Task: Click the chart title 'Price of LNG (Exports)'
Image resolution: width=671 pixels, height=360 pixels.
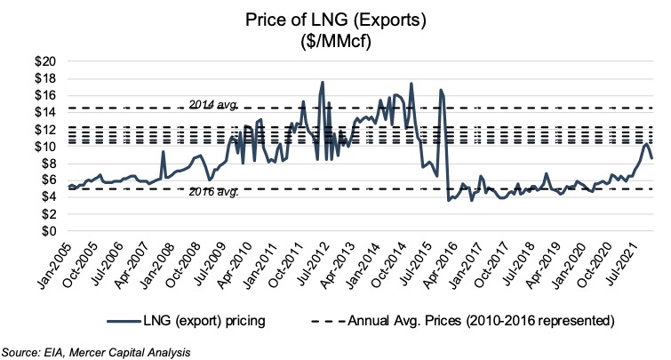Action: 335,17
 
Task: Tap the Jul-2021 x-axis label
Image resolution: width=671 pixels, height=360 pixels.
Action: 623,257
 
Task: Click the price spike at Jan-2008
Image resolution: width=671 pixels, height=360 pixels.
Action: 164,152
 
